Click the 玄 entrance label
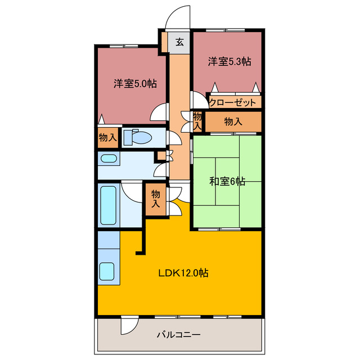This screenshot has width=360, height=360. tap(179, 42)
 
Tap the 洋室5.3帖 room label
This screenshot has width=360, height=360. tap(228, 62)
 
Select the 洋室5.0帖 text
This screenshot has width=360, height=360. tap(135, 83)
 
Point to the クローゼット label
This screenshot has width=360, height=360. tap(233, 102)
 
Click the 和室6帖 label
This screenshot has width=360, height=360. tap(228, 181)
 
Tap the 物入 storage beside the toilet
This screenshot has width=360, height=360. tap(107, 137)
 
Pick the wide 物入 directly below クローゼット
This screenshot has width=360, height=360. tap(233, 121)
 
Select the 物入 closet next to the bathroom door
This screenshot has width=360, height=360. tap(156, 198)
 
